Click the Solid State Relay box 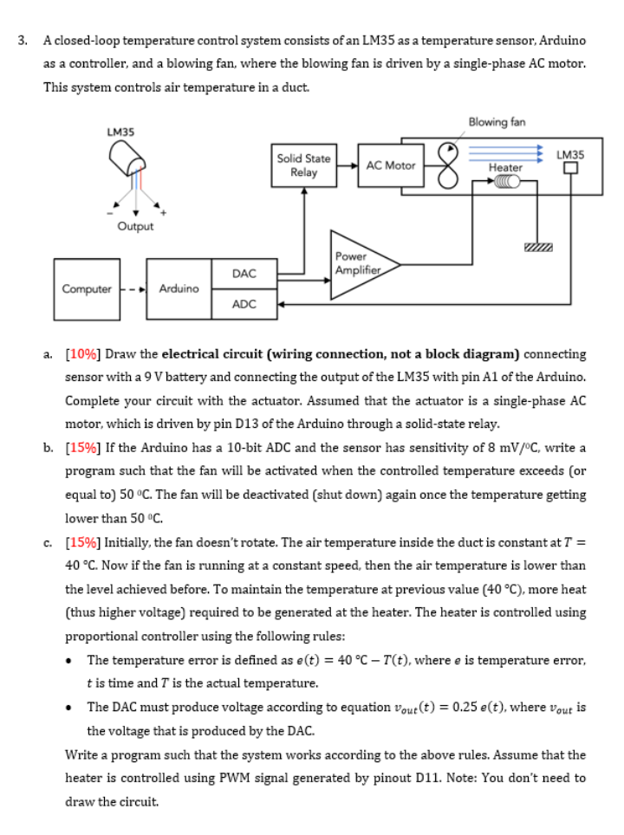tap(303, 165)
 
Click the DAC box tap(244, 273)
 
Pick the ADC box tap(244, 304)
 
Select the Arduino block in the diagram tap(179, 288)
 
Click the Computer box tap(87, 288)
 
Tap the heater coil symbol tap(505, 182)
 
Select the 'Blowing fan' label tap(497, 122)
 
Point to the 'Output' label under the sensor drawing tap(135, 226)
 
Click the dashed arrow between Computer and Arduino tap(133, 288)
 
